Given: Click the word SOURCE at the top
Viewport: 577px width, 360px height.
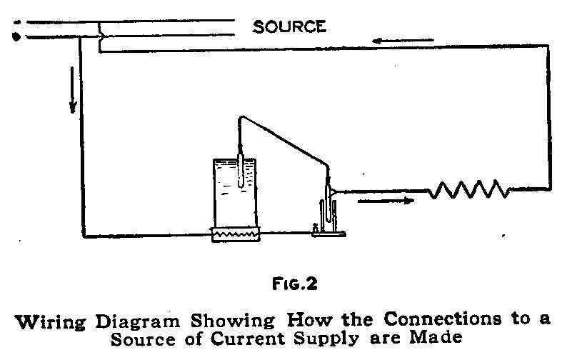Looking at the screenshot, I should [289, 27].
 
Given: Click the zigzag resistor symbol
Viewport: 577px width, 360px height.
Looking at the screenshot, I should [468, 189].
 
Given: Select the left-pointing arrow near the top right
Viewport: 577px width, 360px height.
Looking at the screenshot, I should [393, 40].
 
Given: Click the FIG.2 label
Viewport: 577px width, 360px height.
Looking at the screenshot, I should [295, 284].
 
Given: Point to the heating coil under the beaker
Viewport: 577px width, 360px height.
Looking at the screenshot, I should [235, 233].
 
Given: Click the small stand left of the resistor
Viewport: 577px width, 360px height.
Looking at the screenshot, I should [328, 214].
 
